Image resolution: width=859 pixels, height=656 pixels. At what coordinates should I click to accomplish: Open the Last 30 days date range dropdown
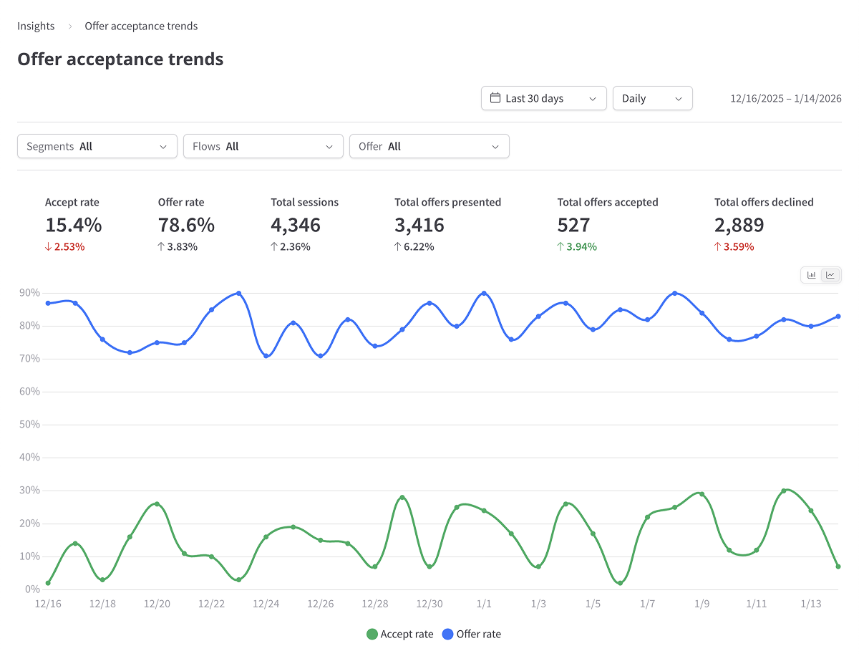543,98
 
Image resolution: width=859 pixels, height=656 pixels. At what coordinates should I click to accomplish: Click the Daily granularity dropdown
652,98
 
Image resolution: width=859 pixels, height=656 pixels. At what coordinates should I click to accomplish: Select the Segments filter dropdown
97,146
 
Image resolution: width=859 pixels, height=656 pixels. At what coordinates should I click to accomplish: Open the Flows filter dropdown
263,146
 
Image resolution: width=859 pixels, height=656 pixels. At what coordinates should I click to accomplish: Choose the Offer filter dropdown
429,146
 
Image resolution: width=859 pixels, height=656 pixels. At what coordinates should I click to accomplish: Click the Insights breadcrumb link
36,26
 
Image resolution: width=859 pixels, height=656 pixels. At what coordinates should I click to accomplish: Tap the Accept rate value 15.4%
73,225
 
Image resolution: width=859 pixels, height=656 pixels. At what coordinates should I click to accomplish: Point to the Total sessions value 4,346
295,225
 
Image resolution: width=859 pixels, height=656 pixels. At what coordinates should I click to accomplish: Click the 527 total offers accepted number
573,225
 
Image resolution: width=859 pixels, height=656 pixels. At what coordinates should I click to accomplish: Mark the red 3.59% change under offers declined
734,247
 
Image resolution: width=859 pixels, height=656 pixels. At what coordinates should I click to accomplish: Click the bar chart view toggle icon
812,275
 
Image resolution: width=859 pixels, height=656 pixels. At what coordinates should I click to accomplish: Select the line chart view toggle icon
830,275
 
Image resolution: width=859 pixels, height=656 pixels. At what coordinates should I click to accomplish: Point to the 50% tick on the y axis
29,425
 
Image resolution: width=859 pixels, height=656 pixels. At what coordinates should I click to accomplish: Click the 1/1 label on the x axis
484,604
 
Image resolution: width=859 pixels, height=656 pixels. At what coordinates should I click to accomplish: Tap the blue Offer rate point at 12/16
48,303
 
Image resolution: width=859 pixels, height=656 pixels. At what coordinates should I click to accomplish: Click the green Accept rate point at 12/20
157,504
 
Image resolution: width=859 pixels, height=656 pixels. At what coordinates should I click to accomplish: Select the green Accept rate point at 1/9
702,494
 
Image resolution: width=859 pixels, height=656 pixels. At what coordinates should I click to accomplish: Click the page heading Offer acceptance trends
120,59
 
